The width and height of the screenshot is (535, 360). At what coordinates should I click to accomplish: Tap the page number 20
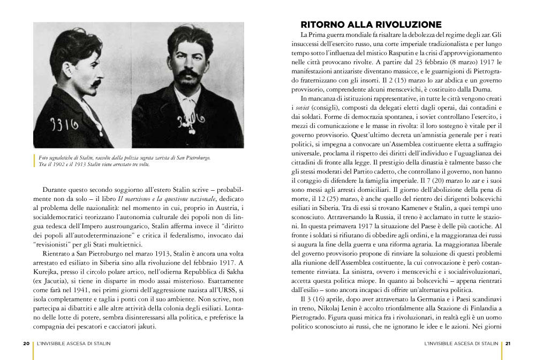coord(26,344)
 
